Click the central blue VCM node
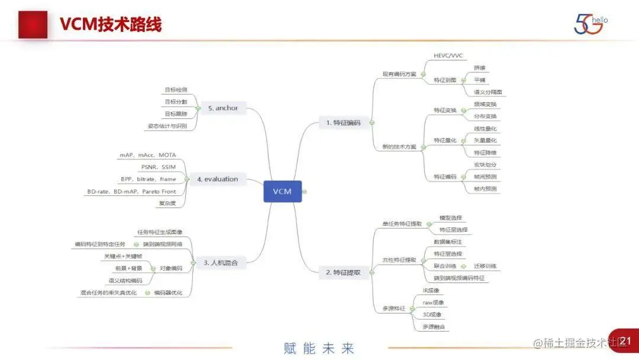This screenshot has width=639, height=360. [282, 191]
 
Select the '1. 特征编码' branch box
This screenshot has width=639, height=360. [343, 123]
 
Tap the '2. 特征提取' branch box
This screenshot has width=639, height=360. [343, 272]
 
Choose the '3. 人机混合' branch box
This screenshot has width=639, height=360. [221, 262]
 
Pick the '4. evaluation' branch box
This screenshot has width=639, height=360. [218, 179]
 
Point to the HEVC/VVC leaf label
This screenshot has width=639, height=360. [448, 56]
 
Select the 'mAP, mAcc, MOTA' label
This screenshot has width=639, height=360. [148, 155]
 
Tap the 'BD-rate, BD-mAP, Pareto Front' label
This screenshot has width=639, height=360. [131, 191]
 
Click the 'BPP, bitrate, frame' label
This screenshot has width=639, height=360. [149, 179]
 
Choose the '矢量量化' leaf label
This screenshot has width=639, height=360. [485, 140]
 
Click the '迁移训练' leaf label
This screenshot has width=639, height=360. [485, 266]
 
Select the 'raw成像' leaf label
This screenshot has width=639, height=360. [434, 303]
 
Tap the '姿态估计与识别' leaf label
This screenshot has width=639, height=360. [167, 126]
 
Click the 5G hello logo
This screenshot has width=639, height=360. [590, 23]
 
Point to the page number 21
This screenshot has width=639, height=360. [627, 341]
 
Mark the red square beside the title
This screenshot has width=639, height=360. [33, 24]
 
